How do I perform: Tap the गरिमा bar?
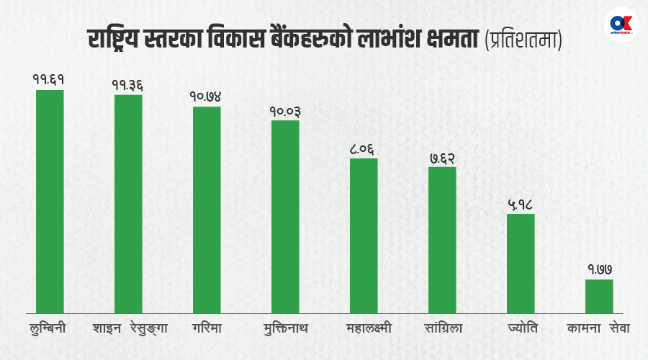pos(207,209)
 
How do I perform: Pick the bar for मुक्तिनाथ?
pos(285,215)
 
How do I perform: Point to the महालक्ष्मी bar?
pos(364,235)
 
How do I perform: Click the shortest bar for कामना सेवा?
pos(599,294)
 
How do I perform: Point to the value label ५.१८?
pos(520,204)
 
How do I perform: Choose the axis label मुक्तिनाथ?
pos(285,328)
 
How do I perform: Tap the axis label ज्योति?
pos(521,328)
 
